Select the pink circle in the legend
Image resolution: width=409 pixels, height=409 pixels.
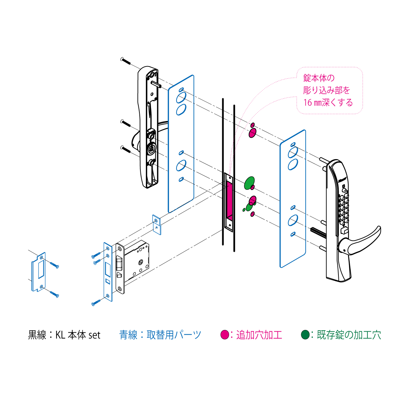tap(225, 335)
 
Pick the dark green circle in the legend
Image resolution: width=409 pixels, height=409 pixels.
tap(305, 335)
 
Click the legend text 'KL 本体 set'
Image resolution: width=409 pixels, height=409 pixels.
tap(78, 335)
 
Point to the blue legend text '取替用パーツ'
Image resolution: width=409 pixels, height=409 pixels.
tap(173, 335)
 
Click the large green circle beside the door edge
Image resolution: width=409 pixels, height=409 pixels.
tap(249, 183)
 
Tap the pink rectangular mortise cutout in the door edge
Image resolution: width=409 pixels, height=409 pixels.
tap(229, 200)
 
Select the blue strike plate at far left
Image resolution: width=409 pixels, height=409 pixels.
tap(39, 272)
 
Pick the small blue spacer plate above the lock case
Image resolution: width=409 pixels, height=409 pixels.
tap(157, 225)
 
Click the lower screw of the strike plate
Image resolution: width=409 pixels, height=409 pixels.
tap(54, 294)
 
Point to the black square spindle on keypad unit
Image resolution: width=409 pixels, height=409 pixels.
tap(319, 232)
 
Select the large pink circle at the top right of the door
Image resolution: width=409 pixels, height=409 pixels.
tap(252, 133)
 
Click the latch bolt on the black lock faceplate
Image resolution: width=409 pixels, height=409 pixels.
tap(119, 263)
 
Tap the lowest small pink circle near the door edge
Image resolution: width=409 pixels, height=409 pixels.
tap(252, 214)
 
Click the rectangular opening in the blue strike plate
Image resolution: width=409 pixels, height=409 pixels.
tap(41, 269)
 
